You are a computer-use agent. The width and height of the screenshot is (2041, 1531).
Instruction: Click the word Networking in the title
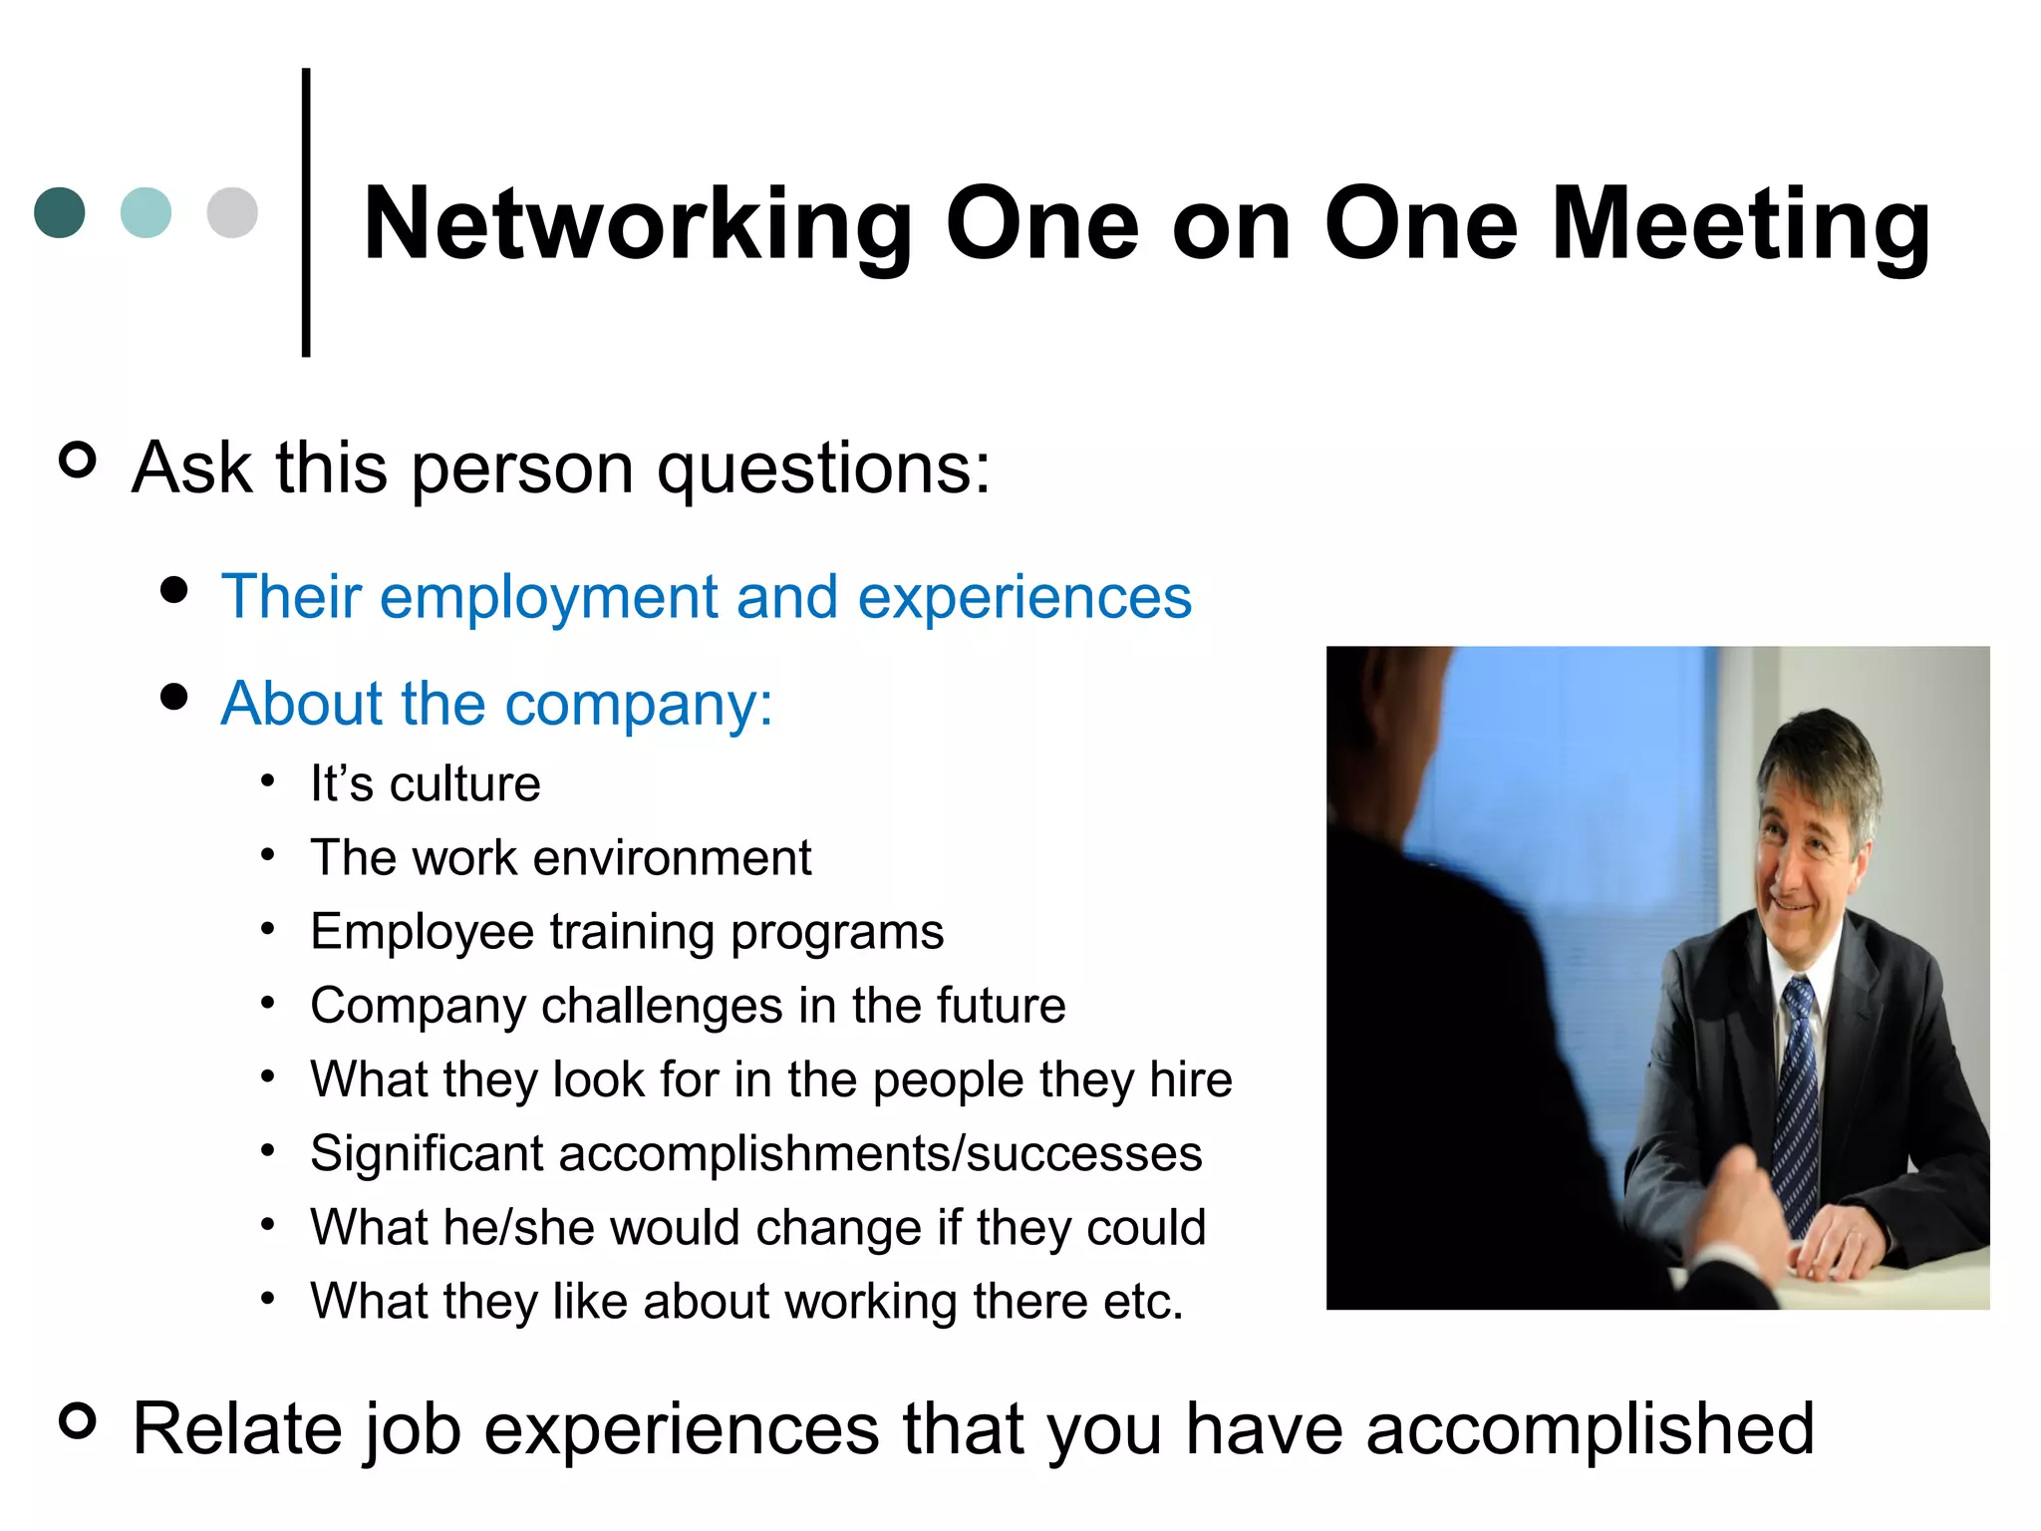coord(638,225)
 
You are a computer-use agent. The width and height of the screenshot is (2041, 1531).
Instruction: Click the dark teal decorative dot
coord(60,212)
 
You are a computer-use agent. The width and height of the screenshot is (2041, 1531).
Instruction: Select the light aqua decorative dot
coord(146,212)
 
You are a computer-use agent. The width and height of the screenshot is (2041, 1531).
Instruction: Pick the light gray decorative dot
coord(232,212)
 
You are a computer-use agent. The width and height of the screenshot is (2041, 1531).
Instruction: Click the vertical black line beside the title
coord(306,211)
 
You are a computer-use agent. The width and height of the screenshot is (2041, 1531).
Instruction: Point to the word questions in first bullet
coord(823,467)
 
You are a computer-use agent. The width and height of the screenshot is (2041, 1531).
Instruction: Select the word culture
coord(464,783)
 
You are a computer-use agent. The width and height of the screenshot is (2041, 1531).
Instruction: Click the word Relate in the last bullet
coord(238,1428)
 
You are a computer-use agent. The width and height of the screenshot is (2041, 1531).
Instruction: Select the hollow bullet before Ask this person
coord(78,459)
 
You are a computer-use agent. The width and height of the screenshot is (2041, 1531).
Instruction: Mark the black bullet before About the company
coord(173,697)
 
